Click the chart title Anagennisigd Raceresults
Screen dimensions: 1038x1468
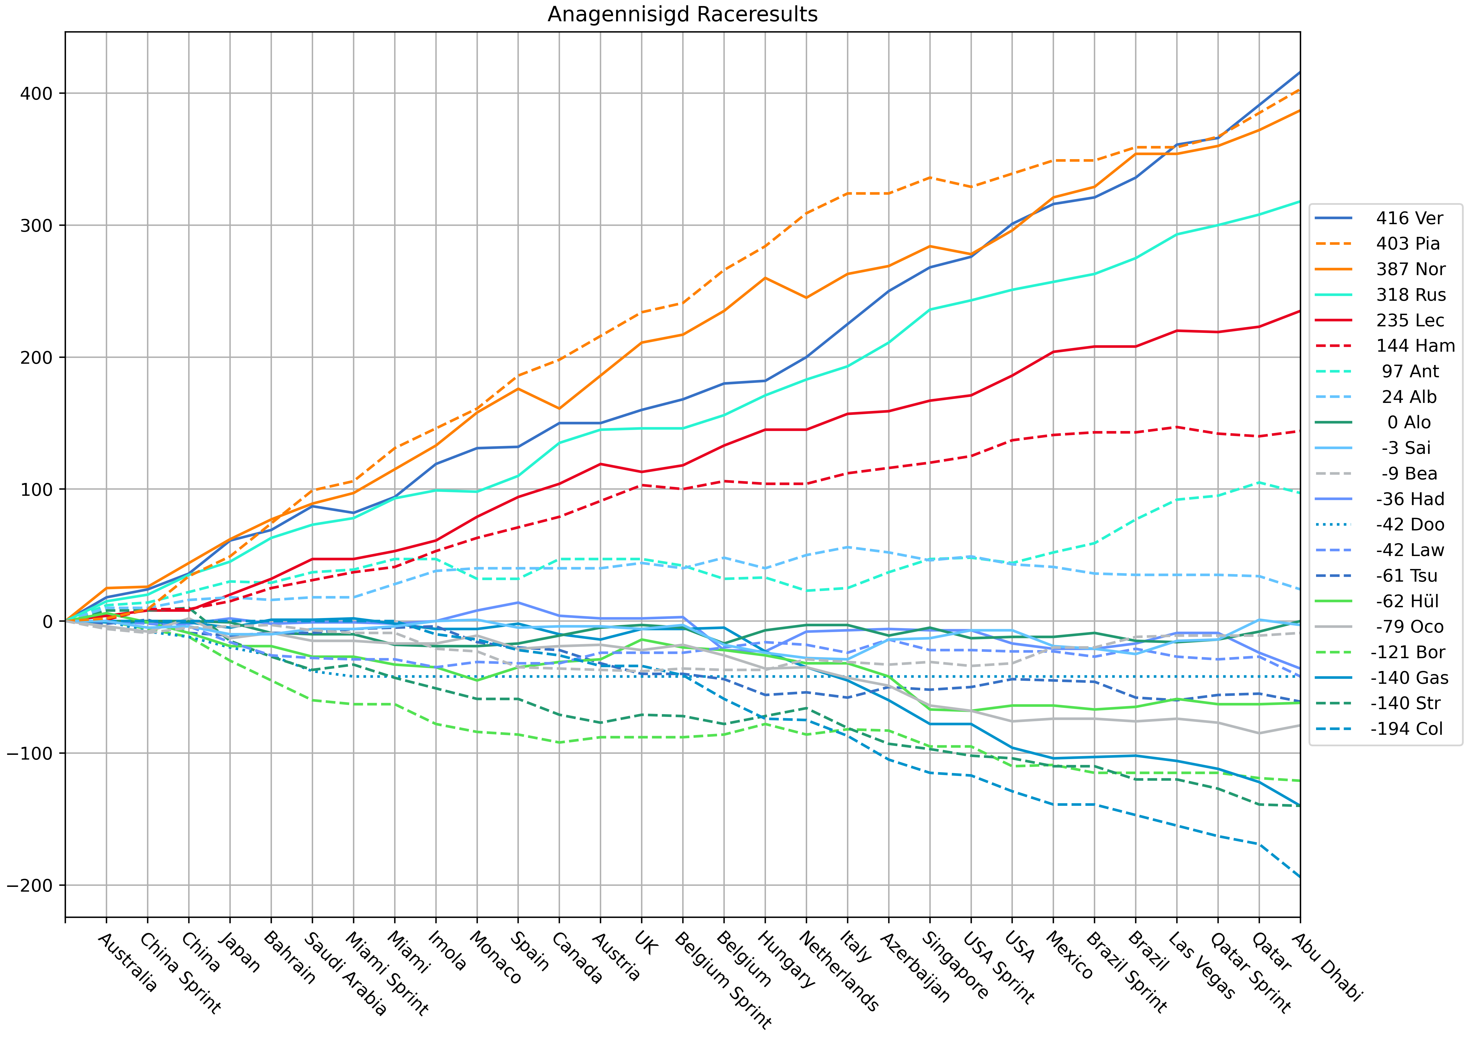(682, 14)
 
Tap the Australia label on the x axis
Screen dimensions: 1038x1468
(127, 962)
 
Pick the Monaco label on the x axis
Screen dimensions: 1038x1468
(496, 957)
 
